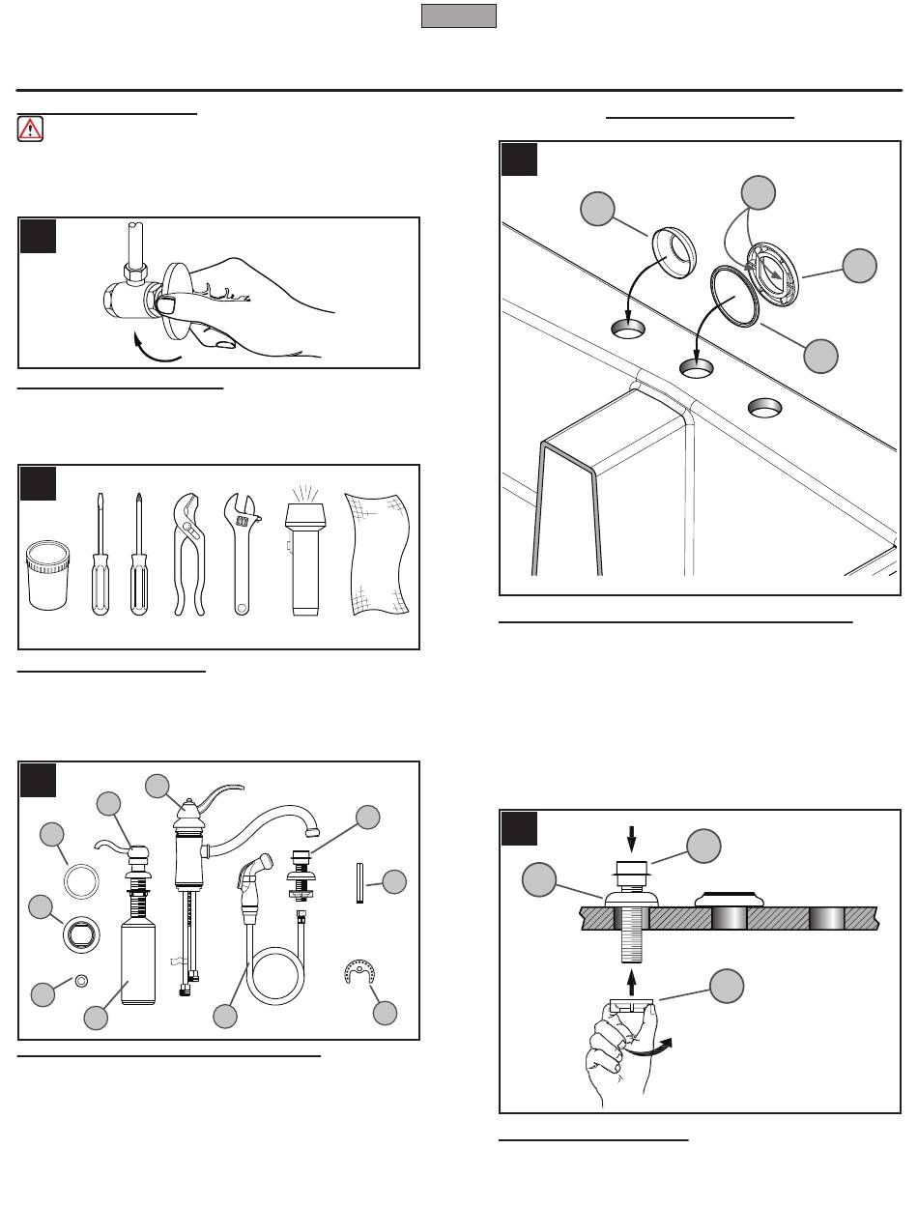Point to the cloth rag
coord(378,555)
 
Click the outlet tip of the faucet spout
coord(311,831)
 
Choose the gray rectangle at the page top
coord(459,15)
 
